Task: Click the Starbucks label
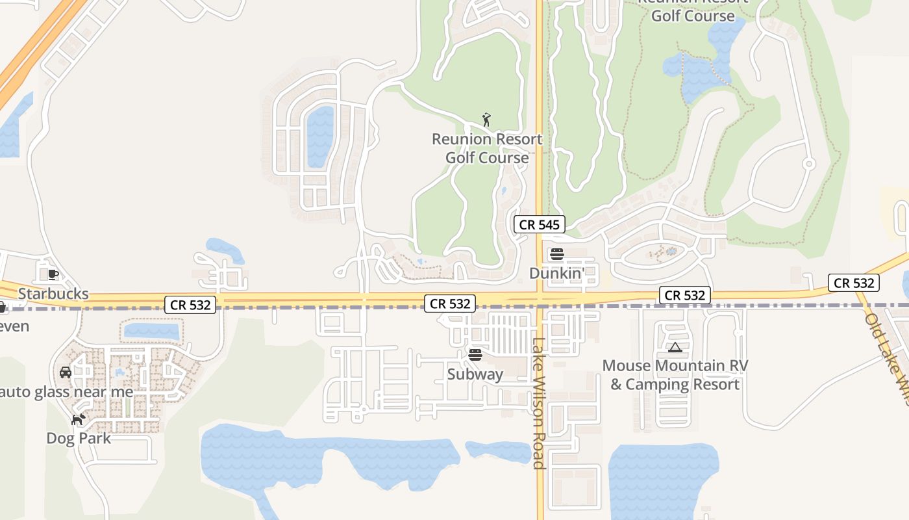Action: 53,294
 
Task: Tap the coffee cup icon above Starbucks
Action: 53,275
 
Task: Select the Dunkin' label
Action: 557,274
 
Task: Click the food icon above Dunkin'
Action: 557,254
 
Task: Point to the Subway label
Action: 475,374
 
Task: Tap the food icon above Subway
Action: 475,355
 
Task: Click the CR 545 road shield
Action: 540,225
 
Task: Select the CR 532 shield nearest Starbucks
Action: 190,304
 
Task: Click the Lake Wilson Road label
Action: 538,403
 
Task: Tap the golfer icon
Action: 486,120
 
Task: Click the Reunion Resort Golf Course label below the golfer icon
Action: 487,148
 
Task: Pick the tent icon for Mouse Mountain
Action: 675,348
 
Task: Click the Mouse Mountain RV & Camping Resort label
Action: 675,375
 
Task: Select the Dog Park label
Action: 79,438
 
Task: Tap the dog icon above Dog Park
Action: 79,419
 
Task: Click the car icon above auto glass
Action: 65,372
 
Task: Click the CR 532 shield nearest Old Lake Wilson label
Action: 854,283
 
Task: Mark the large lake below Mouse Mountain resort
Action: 662,481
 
